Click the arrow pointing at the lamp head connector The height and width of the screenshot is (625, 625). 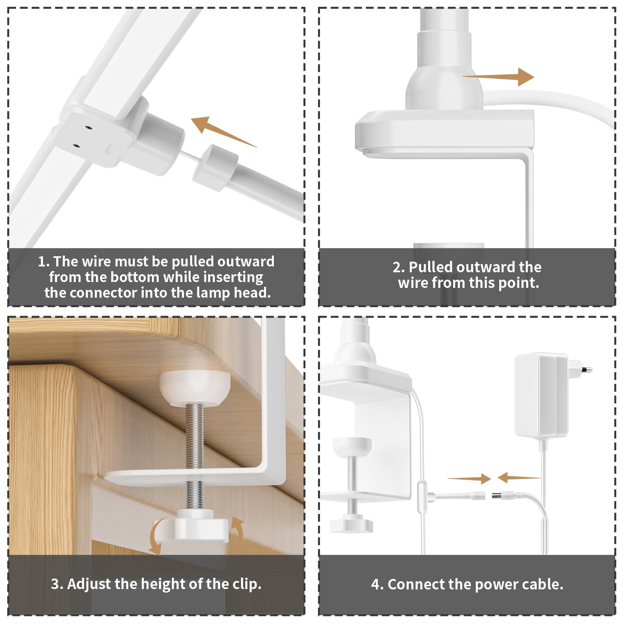pos(224,131)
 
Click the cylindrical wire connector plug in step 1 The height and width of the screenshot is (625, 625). pos(215,168)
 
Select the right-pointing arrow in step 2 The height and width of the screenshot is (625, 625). pos(498,77)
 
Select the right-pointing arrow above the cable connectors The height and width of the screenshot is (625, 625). pos(469,479)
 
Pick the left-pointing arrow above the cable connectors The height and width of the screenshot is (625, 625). pos(519,477)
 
